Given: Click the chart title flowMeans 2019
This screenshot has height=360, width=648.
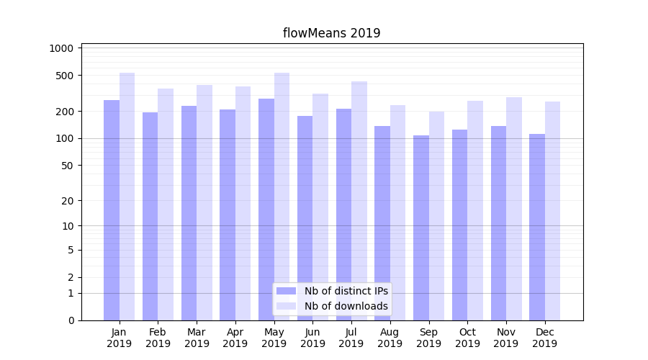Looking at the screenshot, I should pyautogui.click(x=331, y=33).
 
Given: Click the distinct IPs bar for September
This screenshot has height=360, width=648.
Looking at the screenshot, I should pyautogui.click(x=421, y=228).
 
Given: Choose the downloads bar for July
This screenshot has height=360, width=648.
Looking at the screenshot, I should pyautogui.click(x=359, y=201).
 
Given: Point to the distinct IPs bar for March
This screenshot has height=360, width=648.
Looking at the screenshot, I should pyautogui.click(x=189, y=213).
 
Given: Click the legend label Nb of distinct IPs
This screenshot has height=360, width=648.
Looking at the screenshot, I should pyautogui.click(x=346, y=291).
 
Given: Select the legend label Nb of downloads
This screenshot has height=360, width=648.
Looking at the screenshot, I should pyautogui.click(x=346, y=306).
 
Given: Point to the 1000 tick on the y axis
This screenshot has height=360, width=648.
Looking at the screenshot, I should pyautogui.click(x=61, y=48).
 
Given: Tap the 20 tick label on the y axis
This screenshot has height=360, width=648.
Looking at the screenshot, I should pyautogui.click(x=67, y=201).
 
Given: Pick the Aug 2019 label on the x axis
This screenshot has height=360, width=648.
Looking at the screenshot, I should pyautogui.click(x=390, y=338).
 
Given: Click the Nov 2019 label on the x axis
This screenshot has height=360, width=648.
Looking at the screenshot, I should pyautogui.click(x=506, y=338).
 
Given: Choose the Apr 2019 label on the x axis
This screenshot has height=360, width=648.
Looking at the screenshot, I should pyautogui.click(x=235, y=338).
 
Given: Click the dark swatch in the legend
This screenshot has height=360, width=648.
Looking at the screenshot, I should pyautogui.click(x=286, y=291).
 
